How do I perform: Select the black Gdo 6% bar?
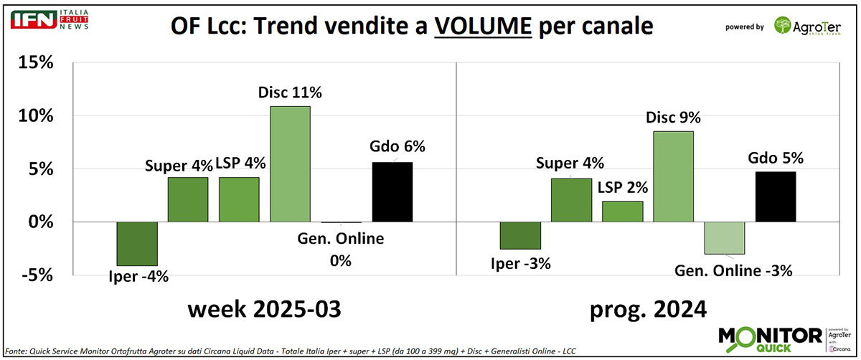pos(392,192)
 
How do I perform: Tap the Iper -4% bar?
pos(137,244)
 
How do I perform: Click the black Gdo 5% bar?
pos(776,196)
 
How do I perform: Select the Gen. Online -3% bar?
pos(725,238)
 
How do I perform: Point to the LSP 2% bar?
pos(622,212)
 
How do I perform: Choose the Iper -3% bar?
pos(520,235)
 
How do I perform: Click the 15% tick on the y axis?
pos(36,63)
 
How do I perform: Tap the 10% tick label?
pos(36,116)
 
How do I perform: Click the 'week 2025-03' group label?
pos(264,309)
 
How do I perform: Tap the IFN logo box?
pos(30,20)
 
